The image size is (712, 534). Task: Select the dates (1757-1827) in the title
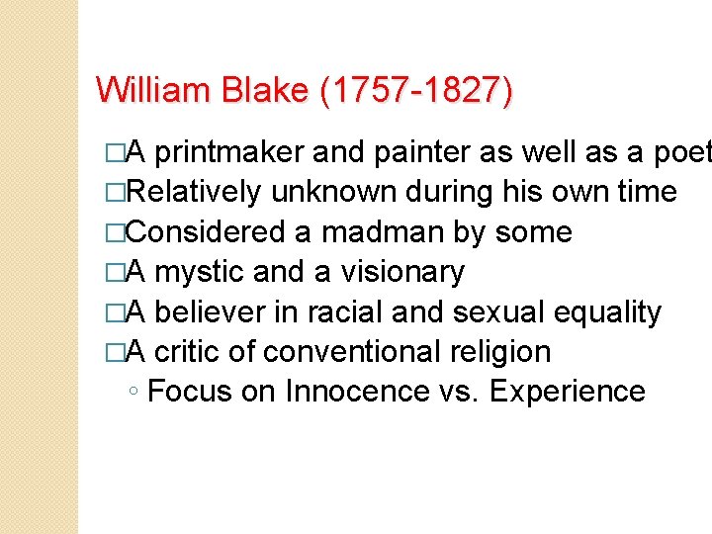point(416,90)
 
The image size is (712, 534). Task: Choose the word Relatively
point(193,193)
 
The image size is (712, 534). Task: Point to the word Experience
point(568,391)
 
